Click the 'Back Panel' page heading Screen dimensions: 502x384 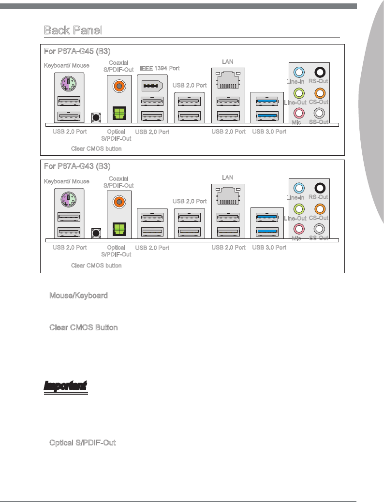point(73,30)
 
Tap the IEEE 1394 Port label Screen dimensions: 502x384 point(159,68)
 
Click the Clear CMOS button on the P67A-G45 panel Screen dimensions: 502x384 point(96,117)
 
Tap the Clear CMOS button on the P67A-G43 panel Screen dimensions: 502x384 point(96,233)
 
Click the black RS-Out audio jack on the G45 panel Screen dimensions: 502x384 point(319,73)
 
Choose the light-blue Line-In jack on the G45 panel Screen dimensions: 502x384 point(299,73)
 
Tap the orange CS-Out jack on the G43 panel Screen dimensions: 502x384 point(319,209)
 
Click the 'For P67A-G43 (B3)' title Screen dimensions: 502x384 point(77,166)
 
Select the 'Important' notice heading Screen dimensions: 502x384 point(65,386)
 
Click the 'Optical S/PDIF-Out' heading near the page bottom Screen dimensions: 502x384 point(82,443)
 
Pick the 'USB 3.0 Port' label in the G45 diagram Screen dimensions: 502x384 point(269,132)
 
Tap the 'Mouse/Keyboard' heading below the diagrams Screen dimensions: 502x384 point(78,295)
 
